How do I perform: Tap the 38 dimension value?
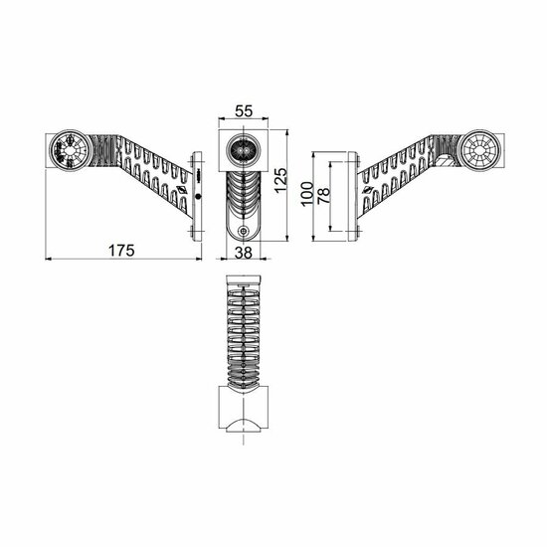pyautogui.click(x=243, y=252)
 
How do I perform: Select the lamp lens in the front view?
pyautogui.click(x=243, y=149)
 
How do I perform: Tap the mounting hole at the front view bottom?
pyautogui.click(x=243, y=232)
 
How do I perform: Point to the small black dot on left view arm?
pyautogui.click(x=199, y=197)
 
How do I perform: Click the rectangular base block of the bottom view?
pyautogui.click(x=243, y=411)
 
